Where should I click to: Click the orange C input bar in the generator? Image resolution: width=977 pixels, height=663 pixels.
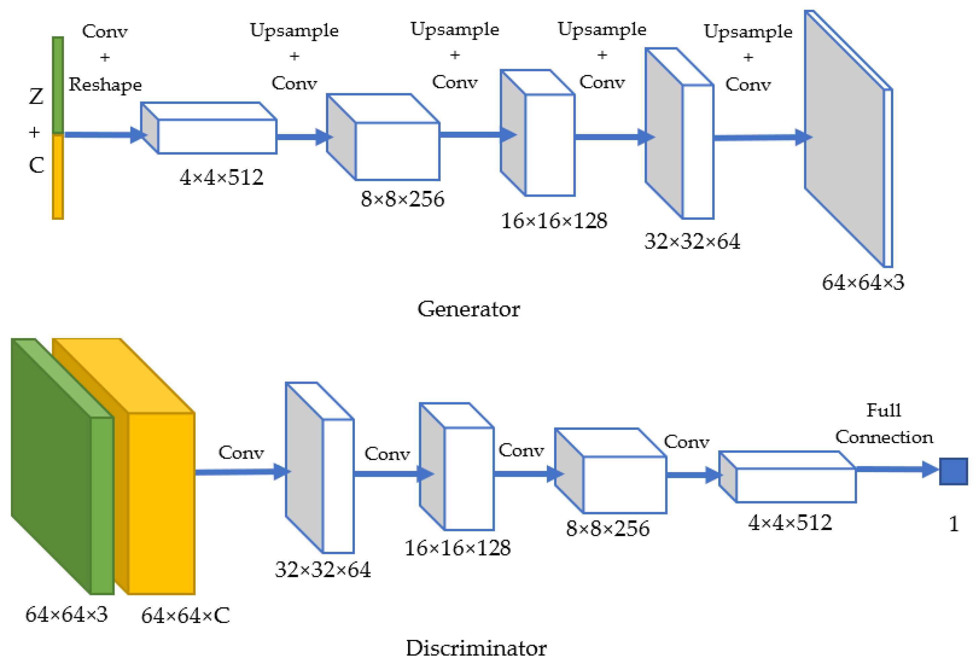58,176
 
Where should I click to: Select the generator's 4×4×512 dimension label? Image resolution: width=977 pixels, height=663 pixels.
221,177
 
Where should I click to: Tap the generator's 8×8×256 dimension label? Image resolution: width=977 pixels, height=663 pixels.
402,199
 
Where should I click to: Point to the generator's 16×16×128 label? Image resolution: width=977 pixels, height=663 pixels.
554,221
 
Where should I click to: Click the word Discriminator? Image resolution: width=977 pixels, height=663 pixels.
476,648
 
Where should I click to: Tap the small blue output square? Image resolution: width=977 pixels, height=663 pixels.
953,471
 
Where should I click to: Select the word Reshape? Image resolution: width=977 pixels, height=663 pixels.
105,84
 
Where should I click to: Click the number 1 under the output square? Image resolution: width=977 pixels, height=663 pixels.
954,524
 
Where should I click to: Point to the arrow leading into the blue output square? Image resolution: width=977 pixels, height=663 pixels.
895,469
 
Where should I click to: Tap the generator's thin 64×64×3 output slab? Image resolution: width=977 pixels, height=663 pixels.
845,139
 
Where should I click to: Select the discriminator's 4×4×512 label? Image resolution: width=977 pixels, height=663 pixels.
789,523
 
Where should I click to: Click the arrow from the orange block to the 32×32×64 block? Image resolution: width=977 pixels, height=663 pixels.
240,472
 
